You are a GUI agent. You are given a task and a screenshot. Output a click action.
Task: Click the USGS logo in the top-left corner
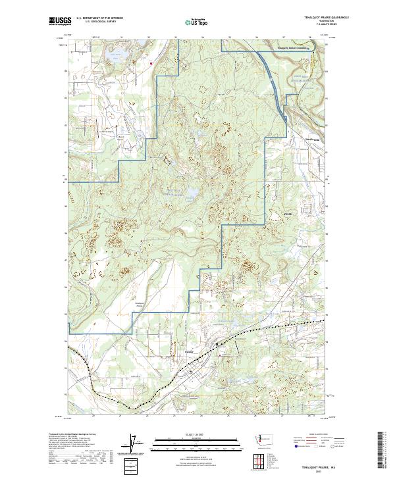click(58, 22)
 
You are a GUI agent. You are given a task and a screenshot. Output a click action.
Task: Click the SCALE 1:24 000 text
click(197, 435)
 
